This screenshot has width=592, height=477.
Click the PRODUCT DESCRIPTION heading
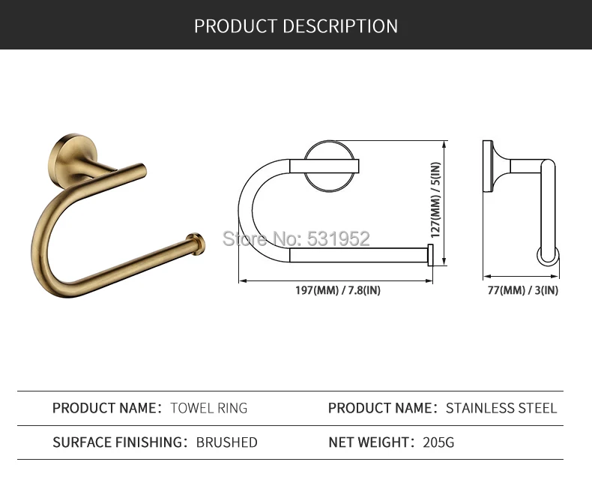296,26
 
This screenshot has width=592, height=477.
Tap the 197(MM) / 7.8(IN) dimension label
338,290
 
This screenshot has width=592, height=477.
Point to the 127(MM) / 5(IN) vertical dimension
435,200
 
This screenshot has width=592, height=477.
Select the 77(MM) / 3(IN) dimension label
523,290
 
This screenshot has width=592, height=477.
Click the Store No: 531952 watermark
297,238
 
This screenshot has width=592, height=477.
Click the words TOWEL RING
209,408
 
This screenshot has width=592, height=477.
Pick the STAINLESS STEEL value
501,408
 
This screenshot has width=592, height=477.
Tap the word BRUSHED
227,442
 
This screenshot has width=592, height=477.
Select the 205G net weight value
438,442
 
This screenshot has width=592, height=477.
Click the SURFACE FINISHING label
120,442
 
